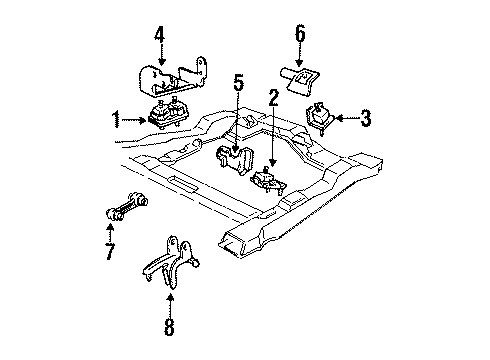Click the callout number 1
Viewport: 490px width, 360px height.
coord(118,122)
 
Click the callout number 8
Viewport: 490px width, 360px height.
coord(169,327)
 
